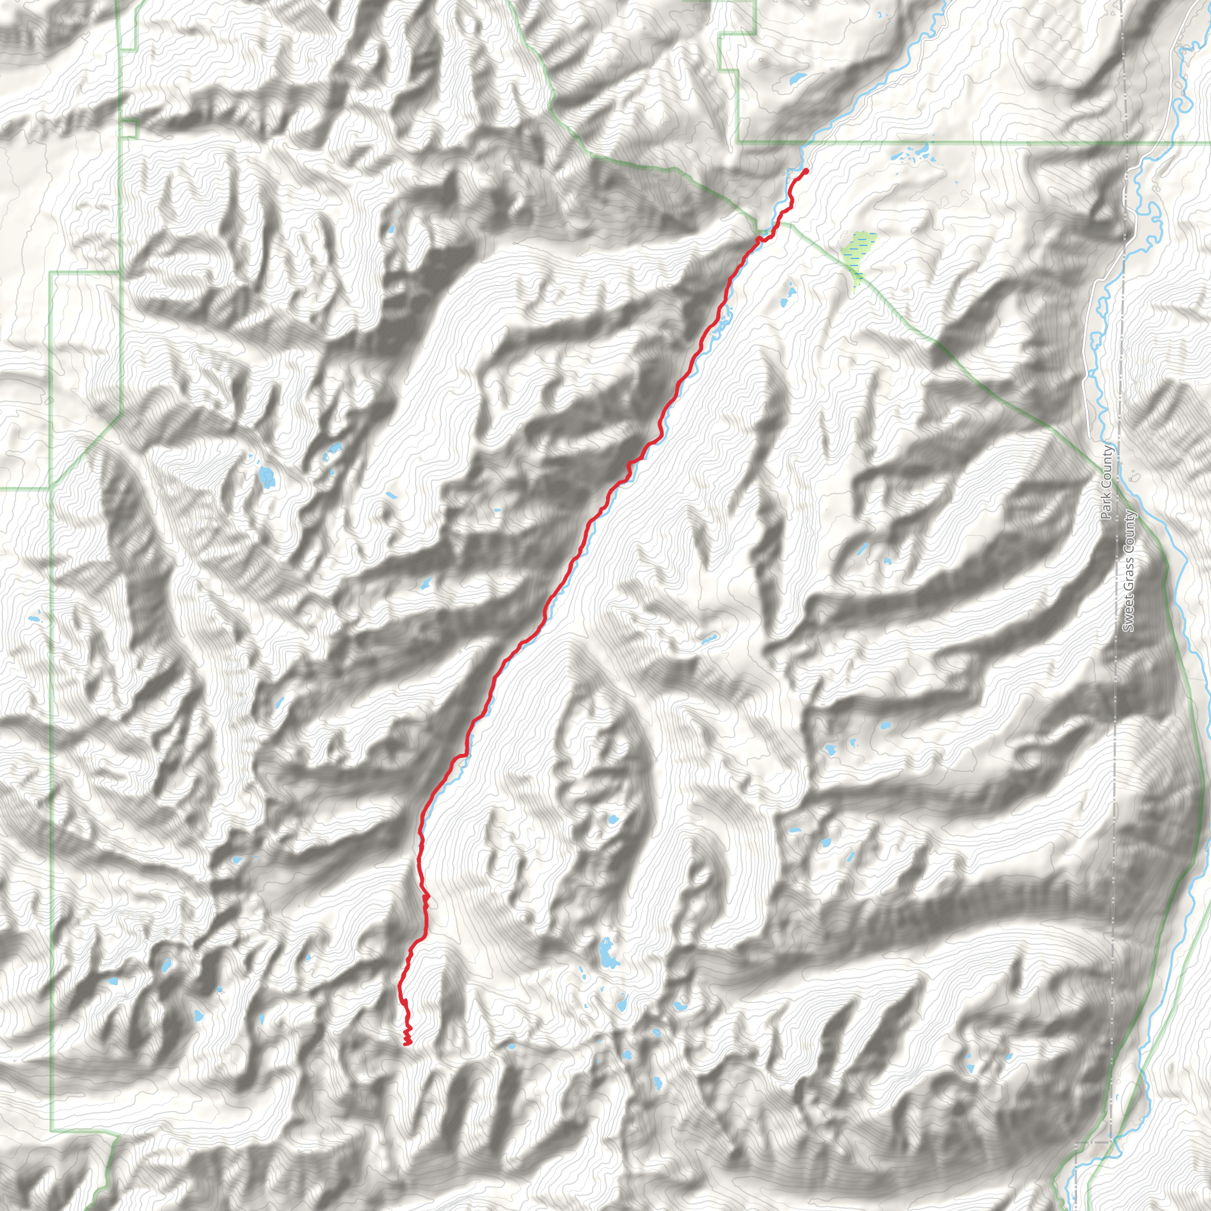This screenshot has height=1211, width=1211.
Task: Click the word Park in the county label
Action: click(x=1107, y=509)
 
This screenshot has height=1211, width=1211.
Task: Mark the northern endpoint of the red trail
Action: click(x=805, y=170)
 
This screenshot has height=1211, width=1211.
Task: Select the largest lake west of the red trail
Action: click(x=268, y=478)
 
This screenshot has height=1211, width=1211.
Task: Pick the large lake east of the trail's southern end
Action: click(x=607, y=953)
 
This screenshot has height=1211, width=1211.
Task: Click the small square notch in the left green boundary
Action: click(x=129, y=128)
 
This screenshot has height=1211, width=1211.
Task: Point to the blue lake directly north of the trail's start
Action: click(x=797, y=80)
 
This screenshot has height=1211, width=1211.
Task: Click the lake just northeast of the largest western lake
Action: click(x=333, y=448)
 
